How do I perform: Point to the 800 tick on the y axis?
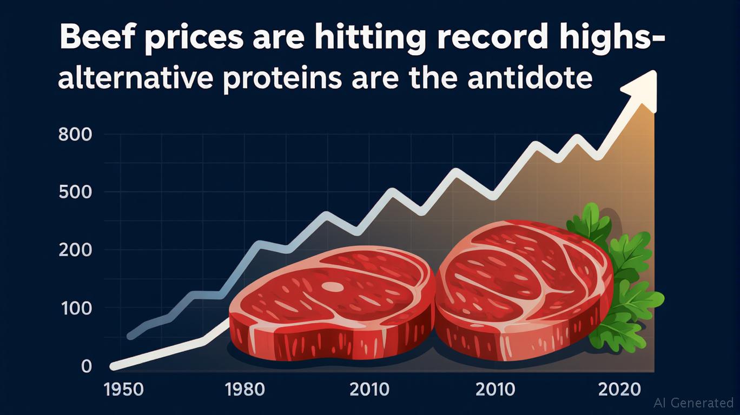pos(75,135)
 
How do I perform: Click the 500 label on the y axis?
pos(75,192)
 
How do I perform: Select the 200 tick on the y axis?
pos(75,250)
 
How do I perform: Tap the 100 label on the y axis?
pos(76,308)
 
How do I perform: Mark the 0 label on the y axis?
pos(86,366)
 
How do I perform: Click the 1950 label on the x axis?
pos(124,390)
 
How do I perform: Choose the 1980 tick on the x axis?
pos(245,390)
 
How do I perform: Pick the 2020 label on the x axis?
pos(619,390)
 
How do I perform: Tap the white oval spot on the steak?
pos(333,286)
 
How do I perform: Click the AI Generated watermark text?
pos(693,403)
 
